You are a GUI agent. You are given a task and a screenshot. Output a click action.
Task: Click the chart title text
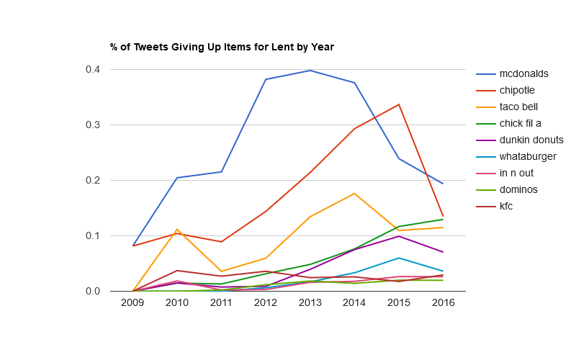[x=222, y=48]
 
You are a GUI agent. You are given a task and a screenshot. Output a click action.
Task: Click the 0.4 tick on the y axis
[x=92, y=70]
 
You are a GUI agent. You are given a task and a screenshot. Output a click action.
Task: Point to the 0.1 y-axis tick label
[x=92, y=236]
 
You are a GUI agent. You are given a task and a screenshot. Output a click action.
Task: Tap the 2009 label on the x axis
[x=132, y=303]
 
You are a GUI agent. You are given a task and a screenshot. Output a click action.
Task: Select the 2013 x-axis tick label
[x=310, y=303]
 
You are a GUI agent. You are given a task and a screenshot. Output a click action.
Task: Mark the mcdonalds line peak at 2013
[x=310, y=71]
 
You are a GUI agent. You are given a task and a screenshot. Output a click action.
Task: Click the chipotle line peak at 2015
[x=399, y=104]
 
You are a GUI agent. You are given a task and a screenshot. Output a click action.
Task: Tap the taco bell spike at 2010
[x=177, y=229]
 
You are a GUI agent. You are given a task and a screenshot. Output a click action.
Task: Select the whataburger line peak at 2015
[x=399, y=258]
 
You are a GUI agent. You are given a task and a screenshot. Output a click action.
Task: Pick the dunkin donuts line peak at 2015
[x=399, y=236]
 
